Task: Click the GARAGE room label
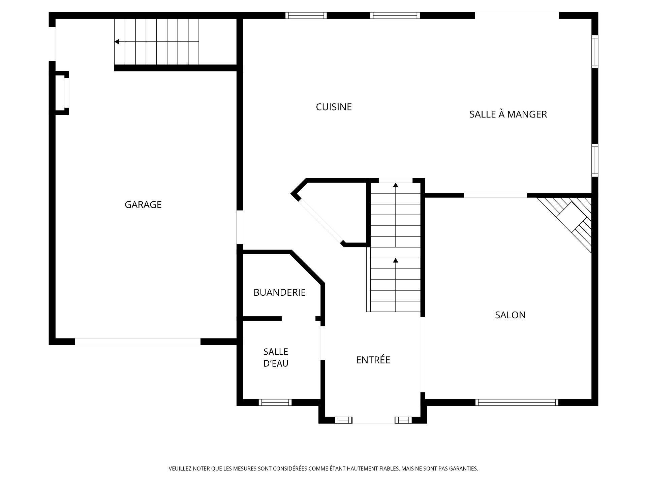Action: point(143,204)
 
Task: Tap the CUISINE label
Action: point(334,107)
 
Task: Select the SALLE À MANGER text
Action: point(508,114)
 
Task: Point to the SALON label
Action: point(510,315)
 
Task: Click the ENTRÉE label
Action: point(373,360)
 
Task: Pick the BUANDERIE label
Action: point(279,292)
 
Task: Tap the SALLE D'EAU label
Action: point(276,358)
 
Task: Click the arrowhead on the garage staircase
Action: point(117,42)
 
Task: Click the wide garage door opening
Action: point(138,342)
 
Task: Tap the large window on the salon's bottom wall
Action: point(517,402)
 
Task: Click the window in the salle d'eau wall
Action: point(275,402)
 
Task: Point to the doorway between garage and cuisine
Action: point(240,227)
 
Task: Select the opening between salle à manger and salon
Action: point(495,195)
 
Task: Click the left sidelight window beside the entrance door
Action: point(343,420)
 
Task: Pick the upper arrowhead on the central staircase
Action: point(396,185)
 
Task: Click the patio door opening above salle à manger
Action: point(517,15)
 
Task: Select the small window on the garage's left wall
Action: point(67,92)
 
